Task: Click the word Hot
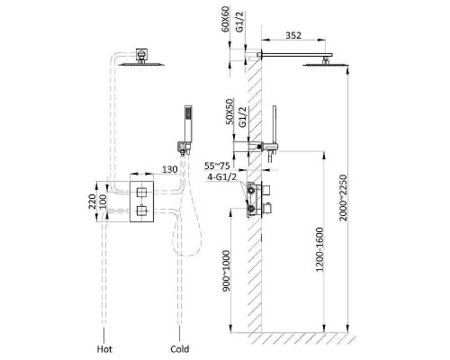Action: coord(104,349)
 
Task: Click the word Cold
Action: coord(180,349)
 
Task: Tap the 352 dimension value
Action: coord(292,35)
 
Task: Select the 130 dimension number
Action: coord(170,169)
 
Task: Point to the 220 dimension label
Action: coord(93,202)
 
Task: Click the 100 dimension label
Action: coord(103,202)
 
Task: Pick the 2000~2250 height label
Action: coord(343,198)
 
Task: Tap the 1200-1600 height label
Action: coord(319,249)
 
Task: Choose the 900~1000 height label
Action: coord(227,271)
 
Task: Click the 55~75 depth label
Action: coord(217,166)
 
